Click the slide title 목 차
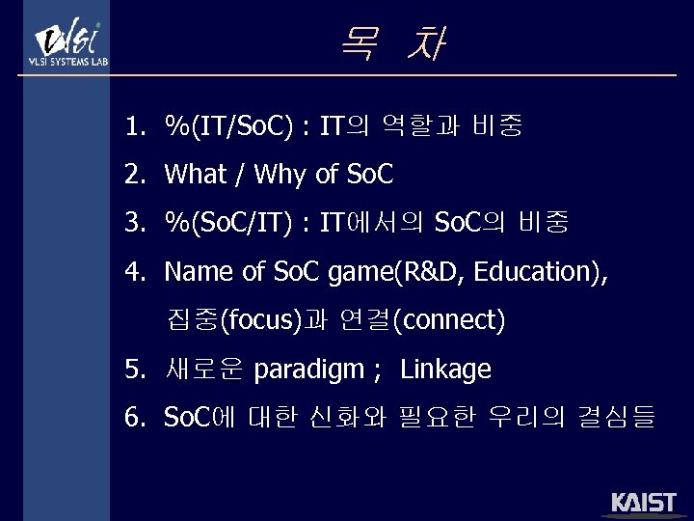(x=392, y=44)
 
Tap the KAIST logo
(x=644, y=504)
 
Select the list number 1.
(x=134, y=125)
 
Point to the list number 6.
(x=134, y=417)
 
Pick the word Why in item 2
(x=283, y=175)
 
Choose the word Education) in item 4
(x=540, y=272)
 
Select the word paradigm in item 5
(x=309, y=369)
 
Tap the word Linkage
(x=445, y=369)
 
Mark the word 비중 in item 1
(x=497, y=125)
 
